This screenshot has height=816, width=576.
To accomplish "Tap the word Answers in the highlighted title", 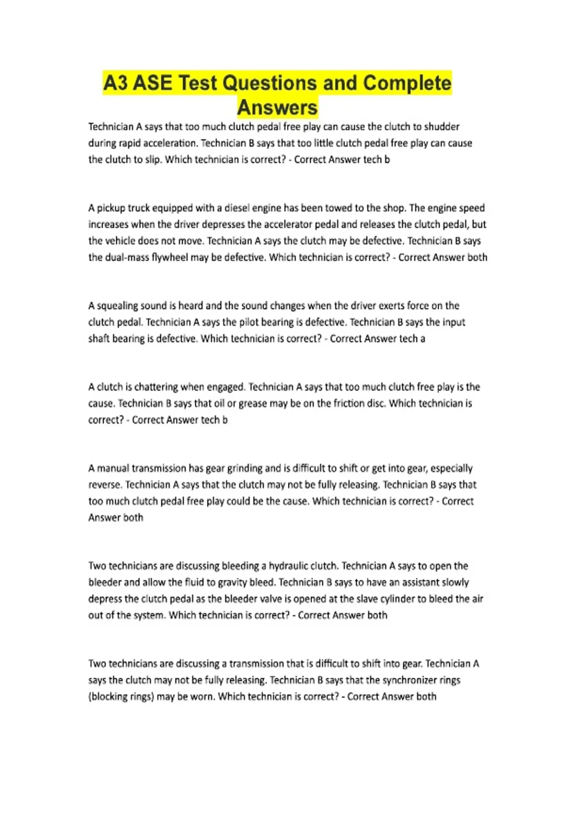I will pos(277,108).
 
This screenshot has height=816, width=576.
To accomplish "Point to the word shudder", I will pos(442,127).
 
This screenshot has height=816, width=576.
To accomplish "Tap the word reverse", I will pos(105,485).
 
